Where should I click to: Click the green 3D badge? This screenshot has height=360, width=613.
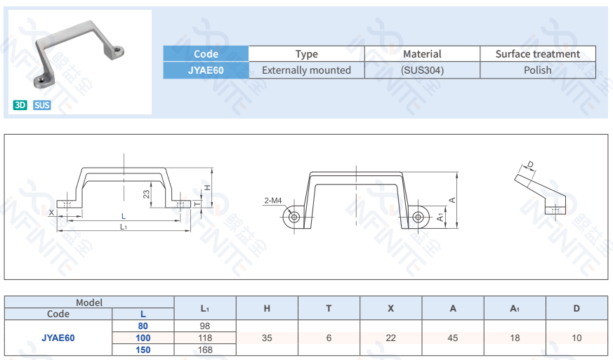[x=20, y=105]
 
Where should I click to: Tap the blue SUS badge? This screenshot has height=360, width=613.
[x=42, y=105]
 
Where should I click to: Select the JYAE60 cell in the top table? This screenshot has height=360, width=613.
[x=206, y=70]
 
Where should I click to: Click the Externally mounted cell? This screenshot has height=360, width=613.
[x=306, y=70]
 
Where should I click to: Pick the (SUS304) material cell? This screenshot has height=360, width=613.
[x=422, y=70]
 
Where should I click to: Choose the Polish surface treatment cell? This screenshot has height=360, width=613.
[x=537, y=70]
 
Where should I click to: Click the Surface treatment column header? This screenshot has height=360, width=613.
[x=537, y=54]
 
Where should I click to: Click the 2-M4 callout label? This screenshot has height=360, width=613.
[x=273, y=201]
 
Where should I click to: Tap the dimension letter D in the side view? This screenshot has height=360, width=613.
[x=530, y=165]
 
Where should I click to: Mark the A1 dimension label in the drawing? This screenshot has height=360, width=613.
[x=440, y=218]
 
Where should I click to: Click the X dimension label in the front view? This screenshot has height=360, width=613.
[x=51, y=211]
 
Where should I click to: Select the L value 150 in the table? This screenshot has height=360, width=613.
[x=143, y=349]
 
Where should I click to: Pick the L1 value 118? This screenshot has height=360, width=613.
[x=204, y=338]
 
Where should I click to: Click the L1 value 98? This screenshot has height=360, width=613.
[x=204, y=326]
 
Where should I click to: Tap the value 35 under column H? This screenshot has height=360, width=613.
[x=267, y=338]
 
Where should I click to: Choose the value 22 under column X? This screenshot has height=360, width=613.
[x=390, y=338]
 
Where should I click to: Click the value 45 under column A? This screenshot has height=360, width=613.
[x=453, y=338]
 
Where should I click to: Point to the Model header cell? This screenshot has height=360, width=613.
[x=89, y=302]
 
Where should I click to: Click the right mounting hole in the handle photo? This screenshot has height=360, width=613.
[x=119, y=51]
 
